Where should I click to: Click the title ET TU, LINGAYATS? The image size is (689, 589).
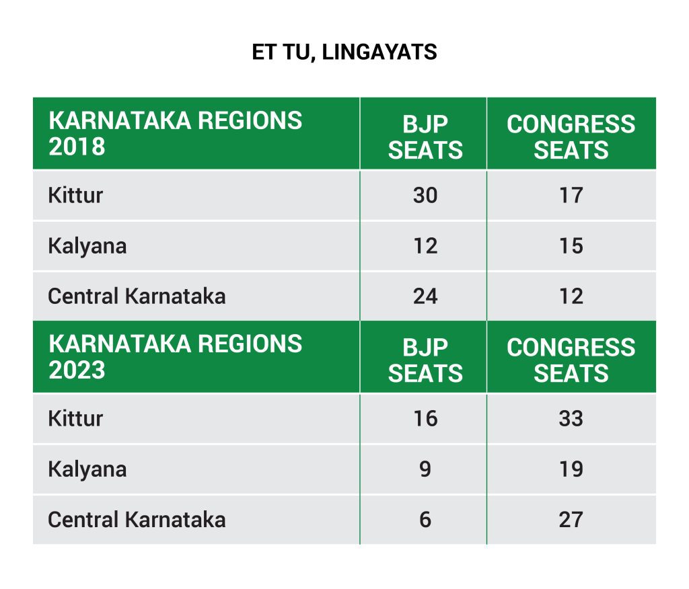point(344,52)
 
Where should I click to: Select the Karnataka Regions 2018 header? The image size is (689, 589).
point(176,134)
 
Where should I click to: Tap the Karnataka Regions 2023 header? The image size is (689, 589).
point(176,356)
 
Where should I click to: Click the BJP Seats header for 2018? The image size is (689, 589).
point(425,137)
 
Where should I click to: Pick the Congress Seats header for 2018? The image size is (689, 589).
point(571,137)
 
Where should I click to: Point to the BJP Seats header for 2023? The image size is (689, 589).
point(425,360)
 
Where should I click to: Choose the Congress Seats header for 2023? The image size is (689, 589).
point(571,360)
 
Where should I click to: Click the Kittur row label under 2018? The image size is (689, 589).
point(75,195)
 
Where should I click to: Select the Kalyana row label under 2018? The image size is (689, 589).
point(87,246)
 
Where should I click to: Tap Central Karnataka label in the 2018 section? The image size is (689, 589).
point(137,296)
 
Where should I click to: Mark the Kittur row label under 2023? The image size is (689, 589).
point(75,418)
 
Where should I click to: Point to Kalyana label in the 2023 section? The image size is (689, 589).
point(87,469)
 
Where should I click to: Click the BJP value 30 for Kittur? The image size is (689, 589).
point(425,195)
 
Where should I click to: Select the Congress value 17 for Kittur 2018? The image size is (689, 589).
point(571,195)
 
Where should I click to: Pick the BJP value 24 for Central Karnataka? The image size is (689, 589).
point(425,296)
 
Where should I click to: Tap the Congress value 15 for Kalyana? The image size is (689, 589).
point(571,246)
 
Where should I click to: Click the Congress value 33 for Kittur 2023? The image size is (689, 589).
point(571,418)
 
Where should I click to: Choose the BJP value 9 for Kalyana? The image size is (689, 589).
point(425,469)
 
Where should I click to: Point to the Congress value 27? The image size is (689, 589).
point(571,520)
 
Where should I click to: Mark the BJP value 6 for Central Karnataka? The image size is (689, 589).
point(425,520)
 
